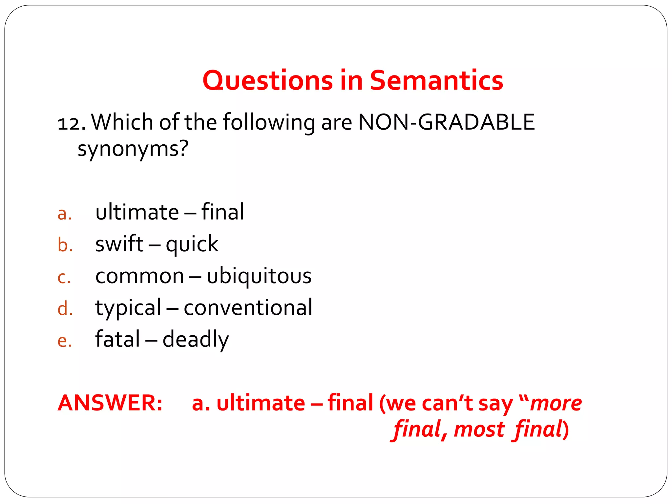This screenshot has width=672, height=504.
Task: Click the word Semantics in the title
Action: click(436, 81)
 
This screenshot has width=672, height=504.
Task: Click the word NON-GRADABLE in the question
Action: click(446, 122)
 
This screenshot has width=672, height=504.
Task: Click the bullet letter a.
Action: click(64, 214)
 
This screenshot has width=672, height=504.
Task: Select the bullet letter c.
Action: click(64, 278)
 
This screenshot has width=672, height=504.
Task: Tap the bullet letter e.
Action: click(64, 341)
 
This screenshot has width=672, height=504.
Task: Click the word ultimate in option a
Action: click(137, 212)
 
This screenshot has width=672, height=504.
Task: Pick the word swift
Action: click(119, 244)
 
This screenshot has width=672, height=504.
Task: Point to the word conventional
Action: click(248, 308)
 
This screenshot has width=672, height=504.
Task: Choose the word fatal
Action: click(117, 339)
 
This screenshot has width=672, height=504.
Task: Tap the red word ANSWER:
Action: click(110, 403)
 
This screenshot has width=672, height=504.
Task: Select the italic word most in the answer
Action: click(479, 430)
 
